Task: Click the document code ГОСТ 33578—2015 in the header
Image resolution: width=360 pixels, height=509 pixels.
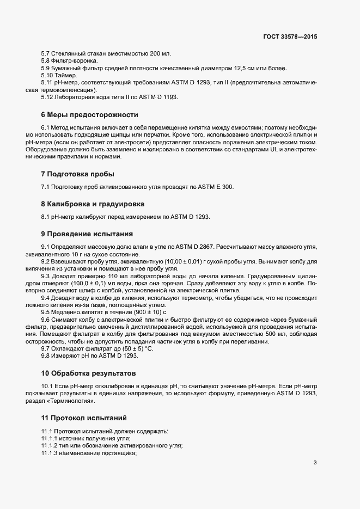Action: (x=289, y=36)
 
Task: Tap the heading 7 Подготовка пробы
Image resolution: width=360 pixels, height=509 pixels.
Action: (x=77, y=174)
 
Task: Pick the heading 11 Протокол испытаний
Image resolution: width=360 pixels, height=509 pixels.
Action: (x=84, y=418)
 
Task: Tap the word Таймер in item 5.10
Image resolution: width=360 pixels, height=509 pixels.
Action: (x=68, y=75)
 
